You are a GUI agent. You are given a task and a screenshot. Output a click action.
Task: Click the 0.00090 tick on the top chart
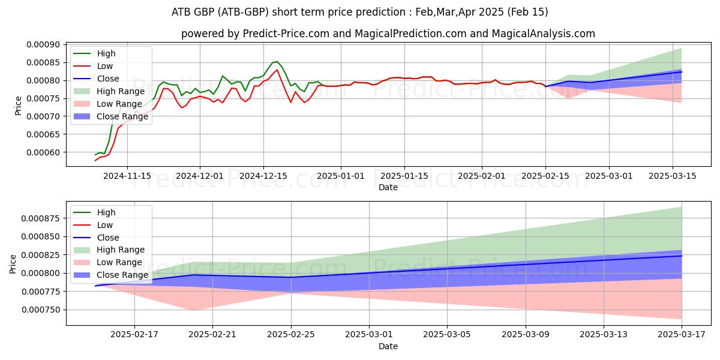[x=43, y=44]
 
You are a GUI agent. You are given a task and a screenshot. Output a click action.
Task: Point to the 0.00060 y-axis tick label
[x=43, y=152]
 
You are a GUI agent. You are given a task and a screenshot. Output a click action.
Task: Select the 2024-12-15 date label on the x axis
[x=263, y=176]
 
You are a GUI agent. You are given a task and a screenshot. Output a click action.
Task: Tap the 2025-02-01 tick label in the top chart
[x=481, y=176]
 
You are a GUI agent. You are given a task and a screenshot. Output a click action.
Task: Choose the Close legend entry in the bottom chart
[x=107, y=238]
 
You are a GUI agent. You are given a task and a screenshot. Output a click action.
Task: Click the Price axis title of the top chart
[x=18, y=106]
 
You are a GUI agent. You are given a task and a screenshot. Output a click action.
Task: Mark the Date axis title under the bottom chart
[x=388, y=346]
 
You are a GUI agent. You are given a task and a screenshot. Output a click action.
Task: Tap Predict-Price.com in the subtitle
[x=286, y=34]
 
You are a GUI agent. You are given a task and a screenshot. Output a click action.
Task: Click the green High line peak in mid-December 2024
[x=276, y=61]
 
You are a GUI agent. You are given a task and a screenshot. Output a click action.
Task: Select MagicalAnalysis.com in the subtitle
[x=542, y=34]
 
